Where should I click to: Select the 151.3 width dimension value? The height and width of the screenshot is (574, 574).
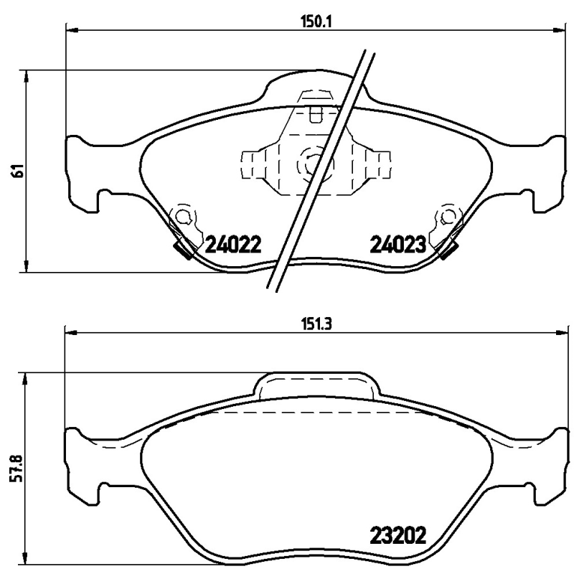(x=315, y=323)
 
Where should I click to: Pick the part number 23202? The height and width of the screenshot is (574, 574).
(x=398, y=535)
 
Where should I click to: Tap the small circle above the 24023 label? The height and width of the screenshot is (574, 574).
(x=448, y=216)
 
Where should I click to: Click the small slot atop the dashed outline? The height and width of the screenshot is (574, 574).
(x=315, y=113)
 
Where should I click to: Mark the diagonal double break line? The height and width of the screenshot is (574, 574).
(x=321, y=169)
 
